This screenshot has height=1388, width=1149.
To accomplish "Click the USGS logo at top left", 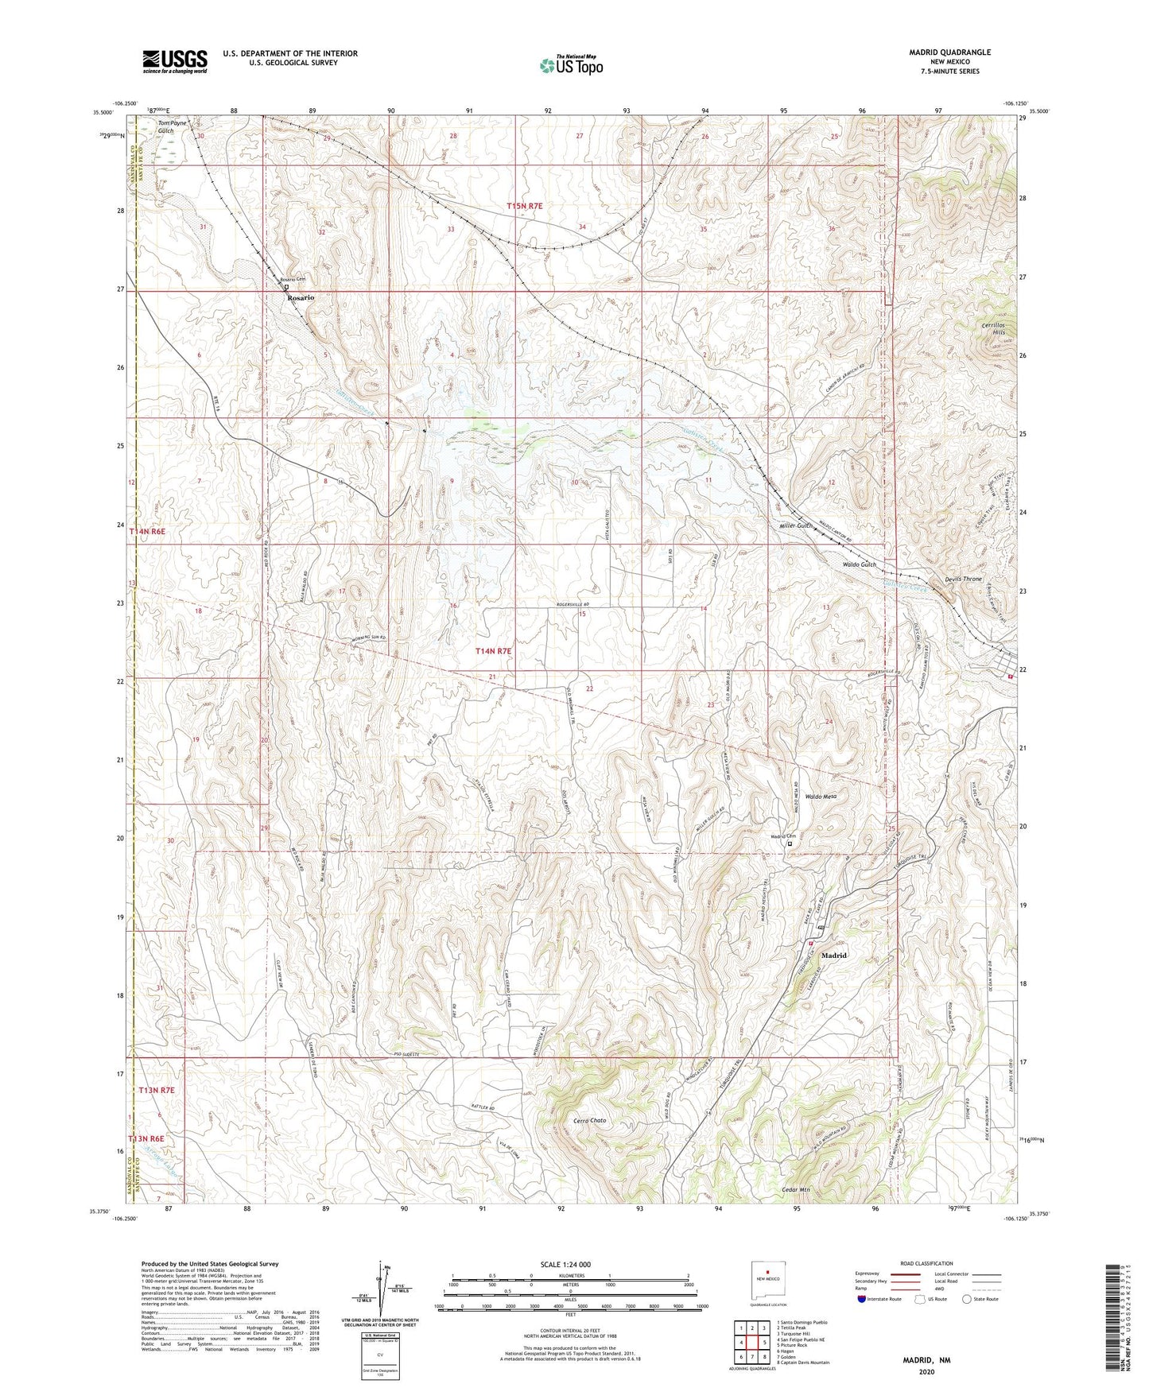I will pos(175,60).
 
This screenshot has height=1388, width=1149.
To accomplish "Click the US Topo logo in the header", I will pos(571,65).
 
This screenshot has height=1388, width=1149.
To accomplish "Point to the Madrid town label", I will pos(834,955).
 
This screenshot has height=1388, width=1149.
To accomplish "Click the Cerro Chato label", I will pos(589,1121).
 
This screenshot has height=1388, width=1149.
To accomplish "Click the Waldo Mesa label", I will pos(821,796).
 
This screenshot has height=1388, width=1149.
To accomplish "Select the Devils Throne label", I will pos(961,579).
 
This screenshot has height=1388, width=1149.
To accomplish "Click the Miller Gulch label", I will pos(796,525).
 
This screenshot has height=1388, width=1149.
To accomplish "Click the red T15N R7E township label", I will pos(525,206).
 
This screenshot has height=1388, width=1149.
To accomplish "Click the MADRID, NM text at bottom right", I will pos(926,1359).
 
